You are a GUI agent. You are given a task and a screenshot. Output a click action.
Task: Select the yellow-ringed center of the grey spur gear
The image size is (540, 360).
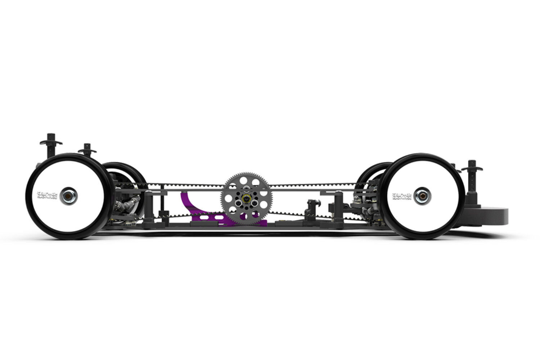click(x=247, y=198)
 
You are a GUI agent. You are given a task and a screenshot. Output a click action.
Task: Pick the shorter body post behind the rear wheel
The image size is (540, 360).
click(x=87, y=149)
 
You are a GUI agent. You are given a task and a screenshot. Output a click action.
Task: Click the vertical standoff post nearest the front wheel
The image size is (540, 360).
click(x=339, y=209)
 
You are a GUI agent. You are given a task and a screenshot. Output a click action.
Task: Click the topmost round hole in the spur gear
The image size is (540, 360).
click(x=247, y=179)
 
